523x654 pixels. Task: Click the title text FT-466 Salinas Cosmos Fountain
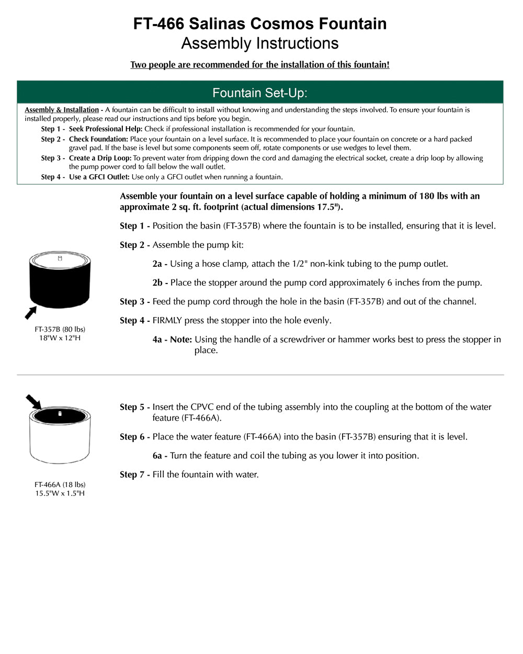260,24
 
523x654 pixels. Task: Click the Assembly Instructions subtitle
260,43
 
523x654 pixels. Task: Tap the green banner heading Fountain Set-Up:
260,93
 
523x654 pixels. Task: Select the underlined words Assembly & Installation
62,110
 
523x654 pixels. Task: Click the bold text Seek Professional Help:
106,129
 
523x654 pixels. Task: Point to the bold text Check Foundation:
98,139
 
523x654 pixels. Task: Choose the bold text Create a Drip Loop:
100,158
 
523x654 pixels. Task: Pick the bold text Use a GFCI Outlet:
99,177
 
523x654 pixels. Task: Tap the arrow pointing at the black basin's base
31,312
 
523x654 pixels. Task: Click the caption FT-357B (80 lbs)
60,329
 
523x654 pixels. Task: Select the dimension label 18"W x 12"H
60,338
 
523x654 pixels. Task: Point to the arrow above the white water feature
34,402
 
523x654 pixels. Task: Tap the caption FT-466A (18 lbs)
60,484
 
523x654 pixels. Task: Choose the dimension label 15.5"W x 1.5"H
60,493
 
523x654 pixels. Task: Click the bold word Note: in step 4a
181,340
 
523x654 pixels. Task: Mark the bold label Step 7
134,475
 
